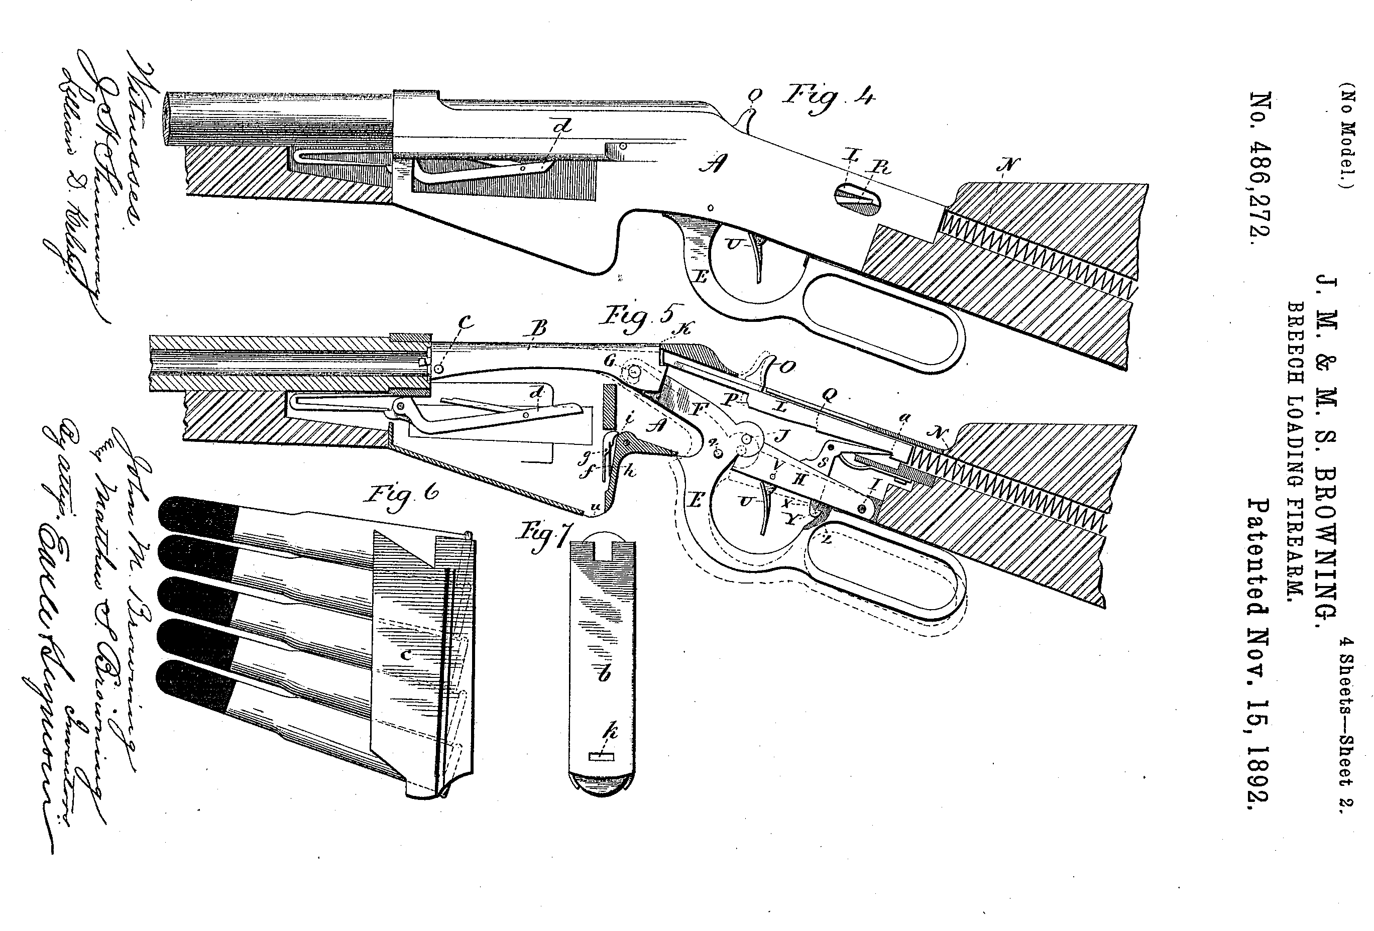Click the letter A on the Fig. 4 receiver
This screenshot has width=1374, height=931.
pyautogui.click(x=713, y=163)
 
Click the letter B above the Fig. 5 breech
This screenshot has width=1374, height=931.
pyautogui.click(x=539, y=328)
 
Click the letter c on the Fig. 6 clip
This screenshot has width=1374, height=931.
pyautogui.click(x=406, y=654)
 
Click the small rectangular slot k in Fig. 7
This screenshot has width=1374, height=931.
pyautogui.click(x=602, y=756)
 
